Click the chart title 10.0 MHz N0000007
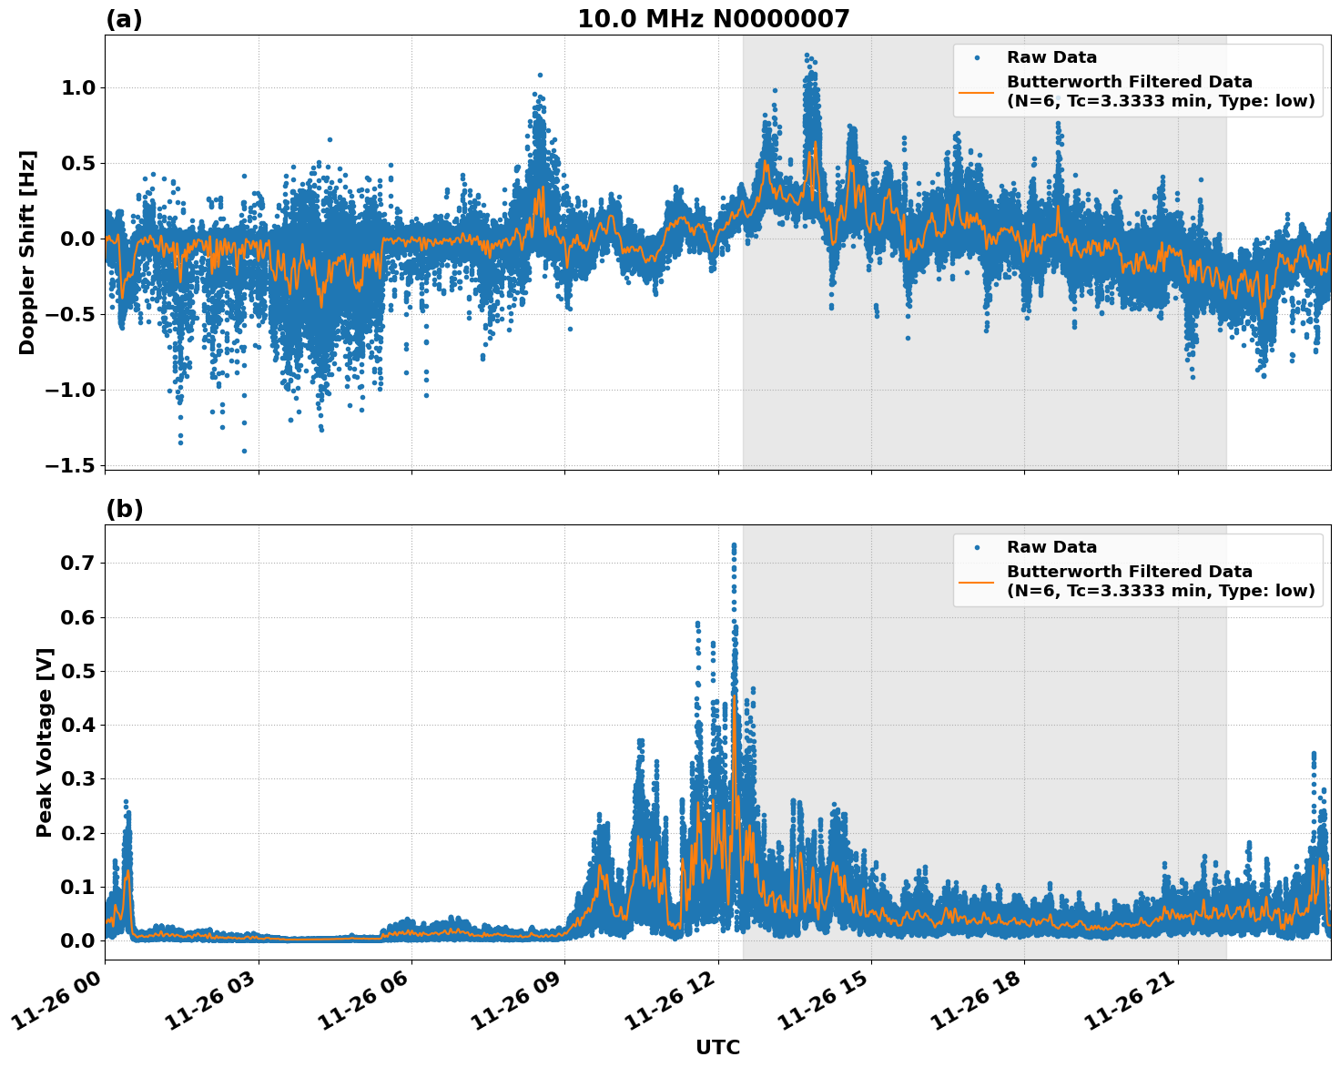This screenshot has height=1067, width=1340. [x=713, y=19]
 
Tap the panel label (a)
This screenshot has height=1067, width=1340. [x=124, y=19]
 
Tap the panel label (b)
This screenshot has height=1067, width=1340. [x=124, y=509]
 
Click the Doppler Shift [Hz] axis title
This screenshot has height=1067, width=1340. [x=27, y=252]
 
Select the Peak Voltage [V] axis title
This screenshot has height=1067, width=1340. [x=45, y=742]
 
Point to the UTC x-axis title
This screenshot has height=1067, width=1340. [x=717, y=1047]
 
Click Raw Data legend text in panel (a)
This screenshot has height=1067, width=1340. [x=1051, y=57]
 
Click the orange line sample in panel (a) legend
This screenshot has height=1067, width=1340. [x=976, y=91]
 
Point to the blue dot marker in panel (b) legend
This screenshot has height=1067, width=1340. [x=976, y=547]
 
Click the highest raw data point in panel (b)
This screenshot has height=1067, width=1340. [x=734, y=544]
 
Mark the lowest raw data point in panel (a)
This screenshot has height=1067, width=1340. [x=243, y=451]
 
